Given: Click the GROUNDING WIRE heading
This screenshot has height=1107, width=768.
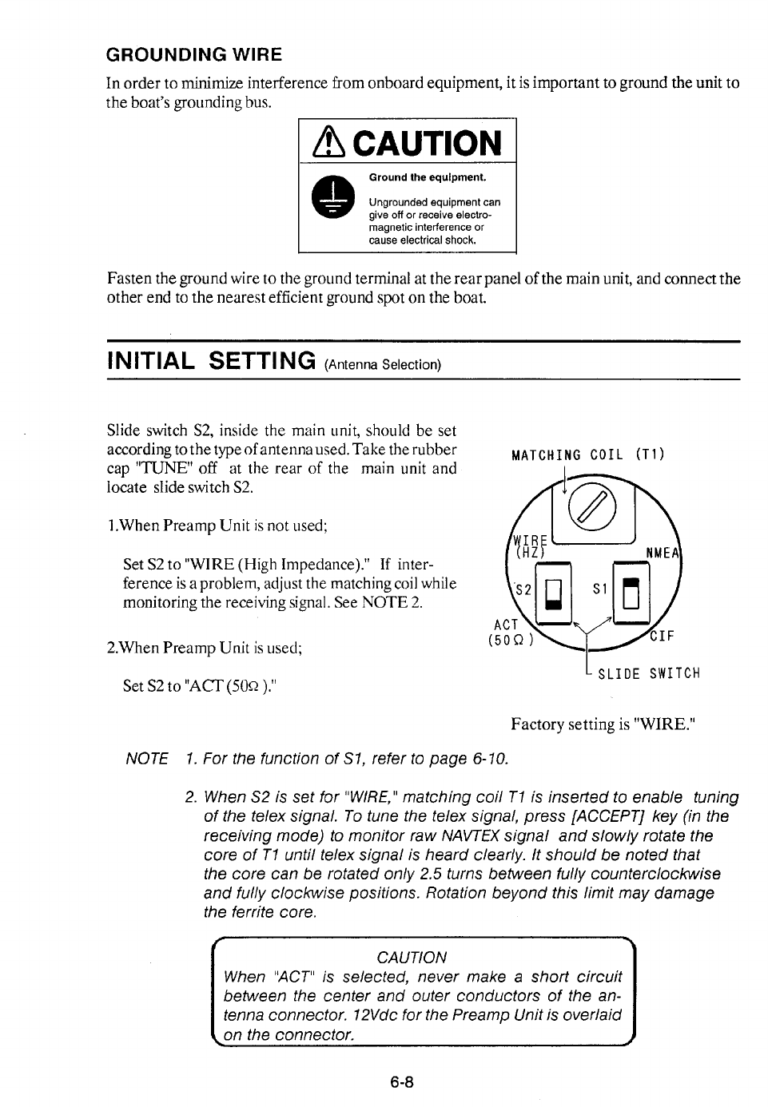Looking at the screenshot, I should coord(194,55).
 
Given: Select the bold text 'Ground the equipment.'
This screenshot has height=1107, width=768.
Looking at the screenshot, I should coord(427,177).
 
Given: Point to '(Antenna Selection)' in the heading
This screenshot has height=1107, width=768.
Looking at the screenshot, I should coord(382,365).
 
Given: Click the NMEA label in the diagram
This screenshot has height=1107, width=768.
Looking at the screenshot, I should coord(663,551).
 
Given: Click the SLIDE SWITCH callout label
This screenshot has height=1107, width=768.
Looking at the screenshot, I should coord(649,673).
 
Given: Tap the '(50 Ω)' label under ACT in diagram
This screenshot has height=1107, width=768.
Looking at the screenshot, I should coord(510,641).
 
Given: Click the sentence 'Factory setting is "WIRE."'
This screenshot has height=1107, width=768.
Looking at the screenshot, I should coord(604,724).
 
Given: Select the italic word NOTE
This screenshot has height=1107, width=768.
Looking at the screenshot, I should coord(147,758).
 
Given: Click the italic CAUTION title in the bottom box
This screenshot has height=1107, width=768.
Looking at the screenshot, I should coord(412,957).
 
